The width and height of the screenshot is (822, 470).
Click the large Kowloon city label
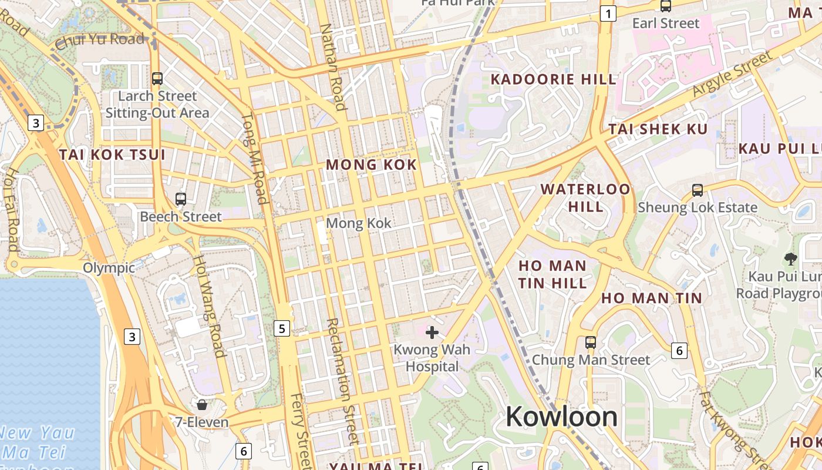click(x=561, y=417)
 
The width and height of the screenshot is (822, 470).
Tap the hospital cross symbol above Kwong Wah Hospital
click(x=432, y=333)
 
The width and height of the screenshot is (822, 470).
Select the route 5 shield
click(x=282, y=328)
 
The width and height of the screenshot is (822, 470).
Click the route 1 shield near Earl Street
click(x=608, y=14)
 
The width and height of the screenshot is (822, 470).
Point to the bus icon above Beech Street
click(x=181, y=199)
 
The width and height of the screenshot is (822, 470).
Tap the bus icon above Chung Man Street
click(x=591, y=342)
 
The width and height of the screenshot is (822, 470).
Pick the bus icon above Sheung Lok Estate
click(x=698, y=190)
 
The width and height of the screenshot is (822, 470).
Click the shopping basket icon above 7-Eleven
click(x=202, y=405)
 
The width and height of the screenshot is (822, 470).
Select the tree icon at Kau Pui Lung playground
click(x=791, y=258)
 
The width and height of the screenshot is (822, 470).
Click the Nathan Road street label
click(x=332, y=67)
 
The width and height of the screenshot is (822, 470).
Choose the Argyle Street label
click(x=732, y=75)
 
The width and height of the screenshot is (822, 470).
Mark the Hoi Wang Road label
click(x=210, y=305)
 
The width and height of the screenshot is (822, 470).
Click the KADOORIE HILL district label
click(x=553, y=79)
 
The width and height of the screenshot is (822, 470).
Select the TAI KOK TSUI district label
click(x=112, y=155)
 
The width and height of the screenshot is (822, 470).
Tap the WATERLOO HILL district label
click(x=585, y=197)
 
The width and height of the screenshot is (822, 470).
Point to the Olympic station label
click(x=109, y=268)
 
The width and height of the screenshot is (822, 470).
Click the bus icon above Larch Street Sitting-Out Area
click(x=157, y=78)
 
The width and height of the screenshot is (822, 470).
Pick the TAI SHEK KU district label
click(x=658, y=129)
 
